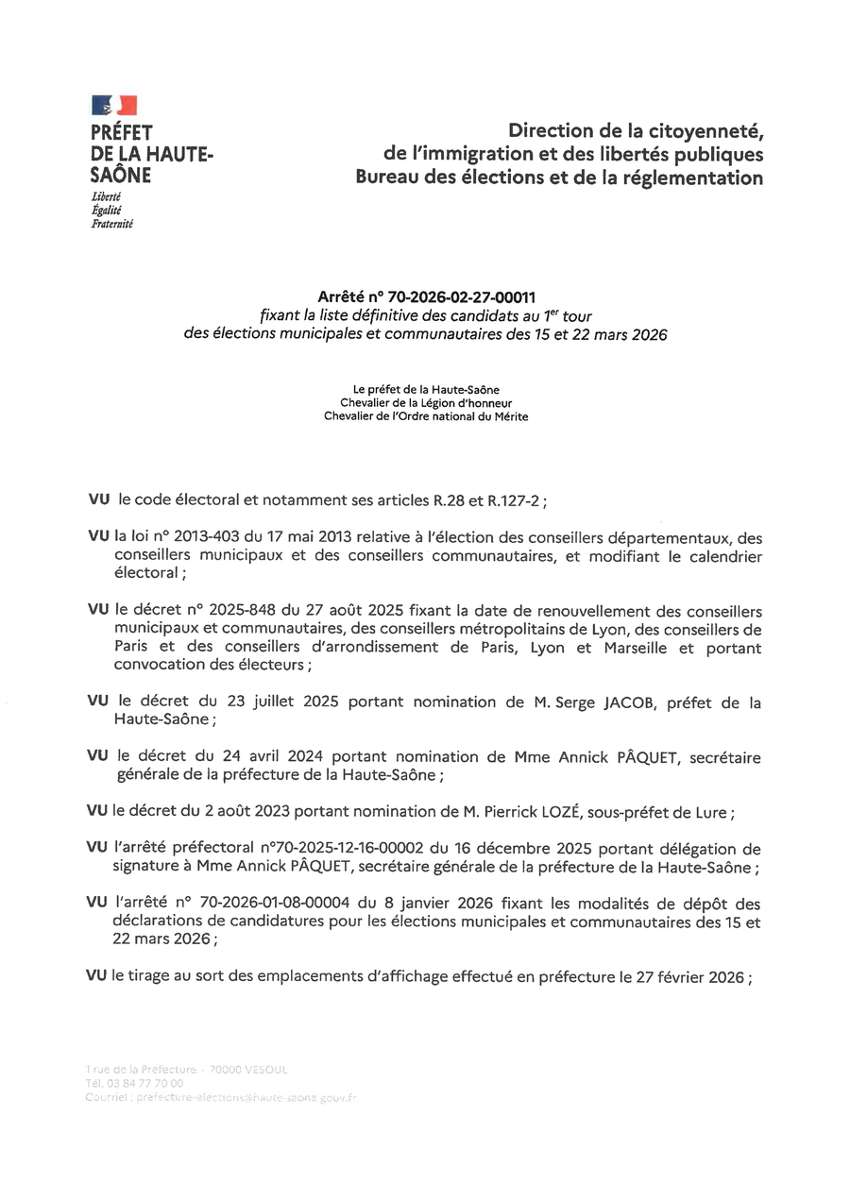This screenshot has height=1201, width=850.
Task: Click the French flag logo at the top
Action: (114, 105)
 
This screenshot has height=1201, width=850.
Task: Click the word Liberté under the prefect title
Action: (106, 196)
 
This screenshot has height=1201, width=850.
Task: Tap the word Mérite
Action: (507, 416)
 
